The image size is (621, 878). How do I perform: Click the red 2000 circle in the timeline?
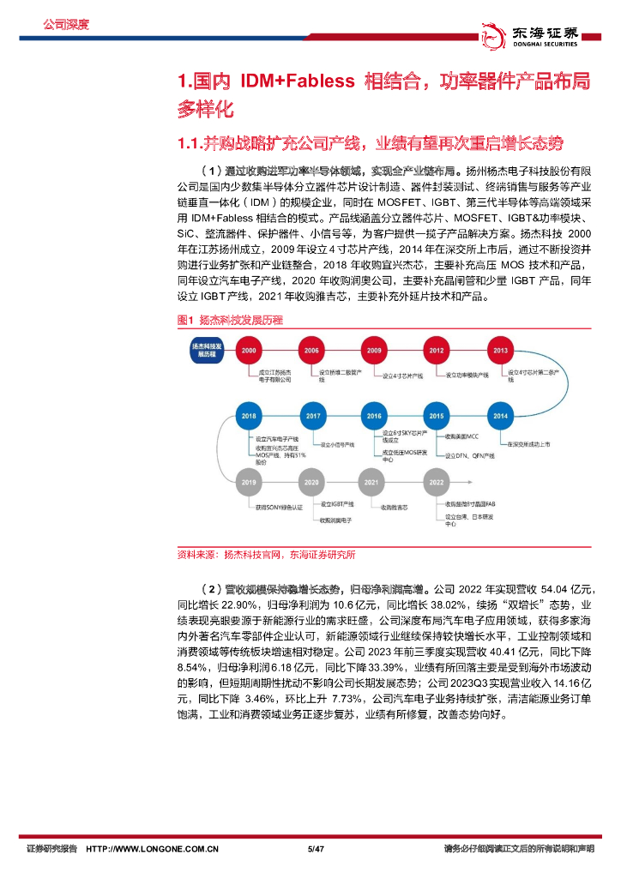249,351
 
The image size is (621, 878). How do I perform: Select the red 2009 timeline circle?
374,351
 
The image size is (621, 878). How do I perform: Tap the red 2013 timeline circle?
500,351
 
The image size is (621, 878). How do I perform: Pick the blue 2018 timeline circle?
249,416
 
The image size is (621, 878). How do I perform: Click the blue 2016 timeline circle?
374,416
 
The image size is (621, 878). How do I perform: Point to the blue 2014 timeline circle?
500,416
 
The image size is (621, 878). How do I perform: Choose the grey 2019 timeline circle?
249,484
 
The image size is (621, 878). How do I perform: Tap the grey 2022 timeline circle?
437,484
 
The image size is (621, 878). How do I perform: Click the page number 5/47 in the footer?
315,849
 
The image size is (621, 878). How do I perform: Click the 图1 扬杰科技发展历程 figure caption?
229,320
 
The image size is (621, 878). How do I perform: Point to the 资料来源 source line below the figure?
265,554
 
